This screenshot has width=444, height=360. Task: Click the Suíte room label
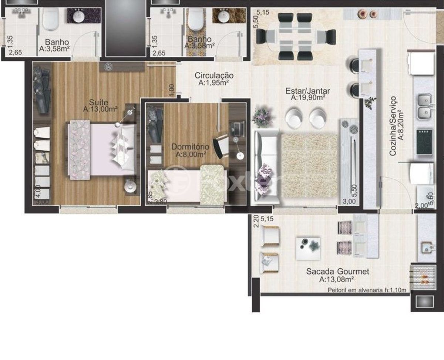pos(98,102)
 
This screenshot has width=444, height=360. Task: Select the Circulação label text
pos(214,75)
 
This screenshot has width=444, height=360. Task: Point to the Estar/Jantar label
pos(307,91)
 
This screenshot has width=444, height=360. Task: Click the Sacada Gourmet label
pos(337,272)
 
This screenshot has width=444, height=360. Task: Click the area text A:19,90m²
pos(308,98)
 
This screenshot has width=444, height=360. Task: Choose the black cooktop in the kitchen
pos(425,142)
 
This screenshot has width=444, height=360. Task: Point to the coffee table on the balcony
pos(308,248)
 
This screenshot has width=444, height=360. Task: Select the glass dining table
pos(296,37)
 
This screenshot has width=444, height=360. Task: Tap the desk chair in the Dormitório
pos(222,146)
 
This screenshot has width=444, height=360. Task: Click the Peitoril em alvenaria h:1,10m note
pos(367,290)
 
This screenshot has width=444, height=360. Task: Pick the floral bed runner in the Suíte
pos(79,149)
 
